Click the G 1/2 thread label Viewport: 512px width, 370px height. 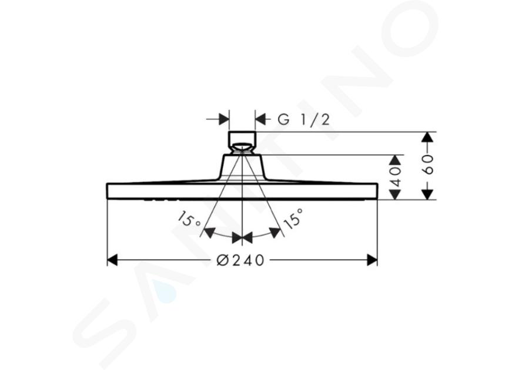click(303, 120)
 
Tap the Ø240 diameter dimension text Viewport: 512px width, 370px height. click(240, 260)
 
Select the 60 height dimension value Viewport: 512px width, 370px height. click(429, 164)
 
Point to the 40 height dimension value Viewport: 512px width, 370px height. click(396, 177)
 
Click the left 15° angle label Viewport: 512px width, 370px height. click(190, 220)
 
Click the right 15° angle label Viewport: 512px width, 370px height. click(293, 218)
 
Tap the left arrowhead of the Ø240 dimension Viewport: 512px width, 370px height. click(112, 260)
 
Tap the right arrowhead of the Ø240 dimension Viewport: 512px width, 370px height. click(372, 260)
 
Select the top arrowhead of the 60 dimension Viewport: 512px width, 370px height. click(427, 137)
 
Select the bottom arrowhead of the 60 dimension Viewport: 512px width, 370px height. click(427, 194)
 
